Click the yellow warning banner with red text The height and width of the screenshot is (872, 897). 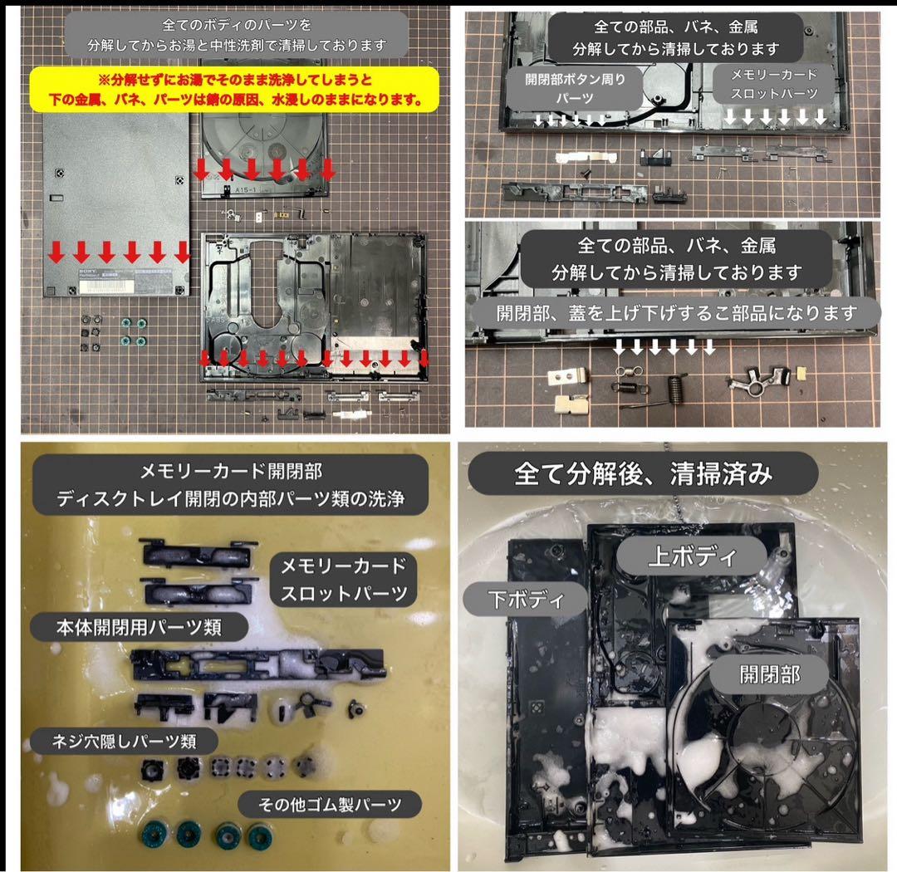(x=234, y=89)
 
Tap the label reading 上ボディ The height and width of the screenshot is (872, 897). (x=691, y=556)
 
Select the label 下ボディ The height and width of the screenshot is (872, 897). (x=526, y=600)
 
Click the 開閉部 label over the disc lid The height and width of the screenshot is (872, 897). (x=769, y=674)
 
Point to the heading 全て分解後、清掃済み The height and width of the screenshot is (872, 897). (x=643, y=473)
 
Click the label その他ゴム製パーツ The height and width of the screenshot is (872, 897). (x=330, y=805)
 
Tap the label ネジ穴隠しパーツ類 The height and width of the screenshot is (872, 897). (x=124, y=742)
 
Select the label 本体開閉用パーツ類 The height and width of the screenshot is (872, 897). (x=139, y=627)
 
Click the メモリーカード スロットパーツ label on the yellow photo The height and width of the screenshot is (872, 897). (x=343, y=580)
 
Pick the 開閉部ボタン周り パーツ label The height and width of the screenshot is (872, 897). (x=575, y=88)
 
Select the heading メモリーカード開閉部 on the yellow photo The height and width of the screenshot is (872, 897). (x=231, y=472)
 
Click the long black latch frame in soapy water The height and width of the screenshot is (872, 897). (x=257, y=664)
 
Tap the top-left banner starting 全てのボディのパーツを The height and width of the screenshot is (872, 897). (x=237, y=34)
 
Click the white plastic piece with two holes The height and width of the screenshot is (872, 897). (x=567, y=376)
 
